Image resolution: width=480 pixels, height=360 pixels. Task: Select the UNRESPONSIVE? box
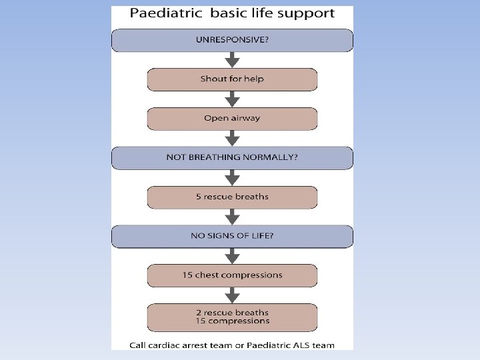pos(232,40)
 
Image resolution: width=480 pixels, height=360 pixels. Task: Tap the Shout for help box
pos(232,79)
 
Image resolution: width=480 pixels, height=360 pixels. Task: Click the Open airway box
pos(232,119)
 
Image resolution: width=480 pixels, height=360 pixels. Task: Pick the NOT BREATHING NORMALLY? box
pos(232,158)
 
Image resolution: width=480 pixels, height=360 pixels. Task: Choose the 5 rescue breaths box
pos(232,197)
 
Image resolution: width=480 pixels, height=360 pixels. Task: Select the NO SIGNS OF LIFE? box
pos(232,236)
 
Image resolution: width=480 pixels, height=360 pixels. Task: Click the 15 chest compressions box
pos(232,275)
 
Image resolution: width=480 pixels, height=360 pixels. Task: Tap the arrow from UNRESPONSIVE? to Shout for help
pos(232,60)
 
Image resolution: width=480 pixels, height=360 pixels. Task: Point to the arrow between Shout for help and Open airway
pos(232,99)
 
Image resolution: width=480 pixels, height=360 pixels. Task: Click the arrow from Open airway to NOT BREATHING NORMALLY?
pos(232,139)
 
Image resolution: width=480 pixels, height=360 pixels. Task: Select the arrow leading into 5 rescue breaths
pos(232,178)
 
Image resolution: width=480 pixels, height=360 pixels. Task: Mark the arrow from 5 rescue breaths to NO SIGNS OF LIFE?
pos(232,217)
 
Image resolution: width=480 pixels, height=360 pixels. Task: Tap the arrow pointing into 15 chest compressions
pos(232,256)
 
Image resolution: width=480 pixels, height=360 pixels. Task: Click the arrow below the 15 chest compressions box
pos(232,295)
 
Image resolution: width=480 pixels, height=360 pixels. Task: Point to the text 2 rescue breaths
pos(232,312)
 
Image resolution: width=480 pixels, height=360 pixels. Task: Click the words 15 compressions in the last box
pos(232,321)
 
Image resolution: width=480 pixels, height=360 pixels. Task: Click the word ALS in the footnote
pos(299,345)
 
